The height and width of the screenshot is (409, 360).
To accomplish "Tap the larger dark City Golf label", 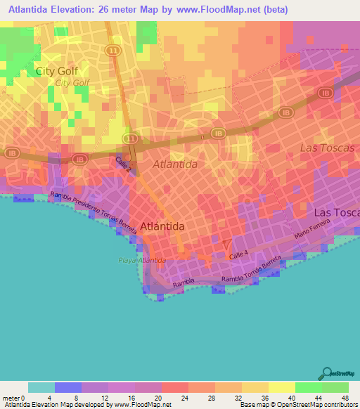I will point(57,71).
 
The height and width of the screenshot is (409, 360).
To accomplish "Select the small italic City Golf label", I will point(72,82).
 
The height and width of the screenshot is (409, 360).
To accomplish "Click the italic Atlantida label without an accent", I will point(175,164).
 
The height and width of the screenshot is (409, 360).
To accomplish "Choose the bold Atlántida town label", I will point(162,226).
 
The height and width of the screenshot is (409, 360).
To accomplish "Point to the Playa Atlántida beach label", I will point(142,260).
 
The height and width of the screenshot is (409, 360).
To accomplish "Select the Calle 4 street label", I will point(239,257).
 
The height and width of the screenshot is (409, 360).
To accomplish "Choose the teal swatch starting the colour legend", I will point(41,387).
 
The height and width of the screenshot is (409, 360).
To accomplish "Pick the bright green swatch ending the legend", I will point(335,387).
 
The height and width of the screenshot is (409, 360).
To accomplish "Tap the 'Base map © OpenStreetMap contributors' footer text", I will point(296,405).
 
